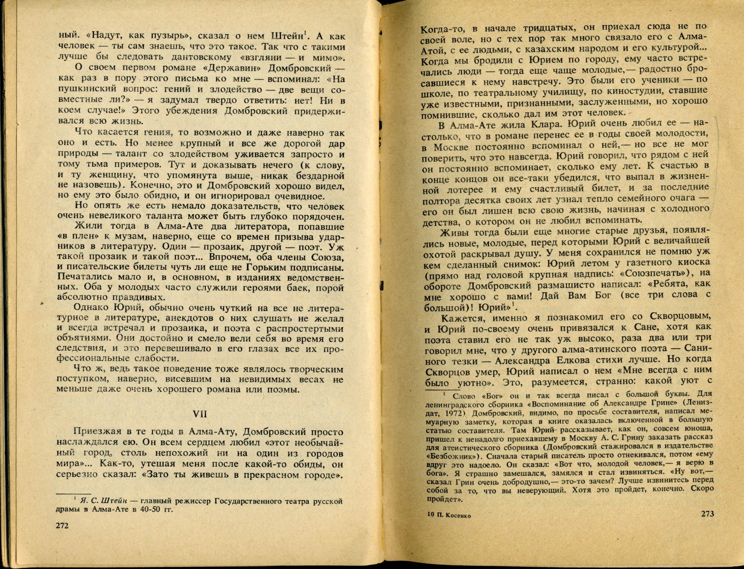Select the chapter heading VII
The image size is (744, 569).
pos(201,414)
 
